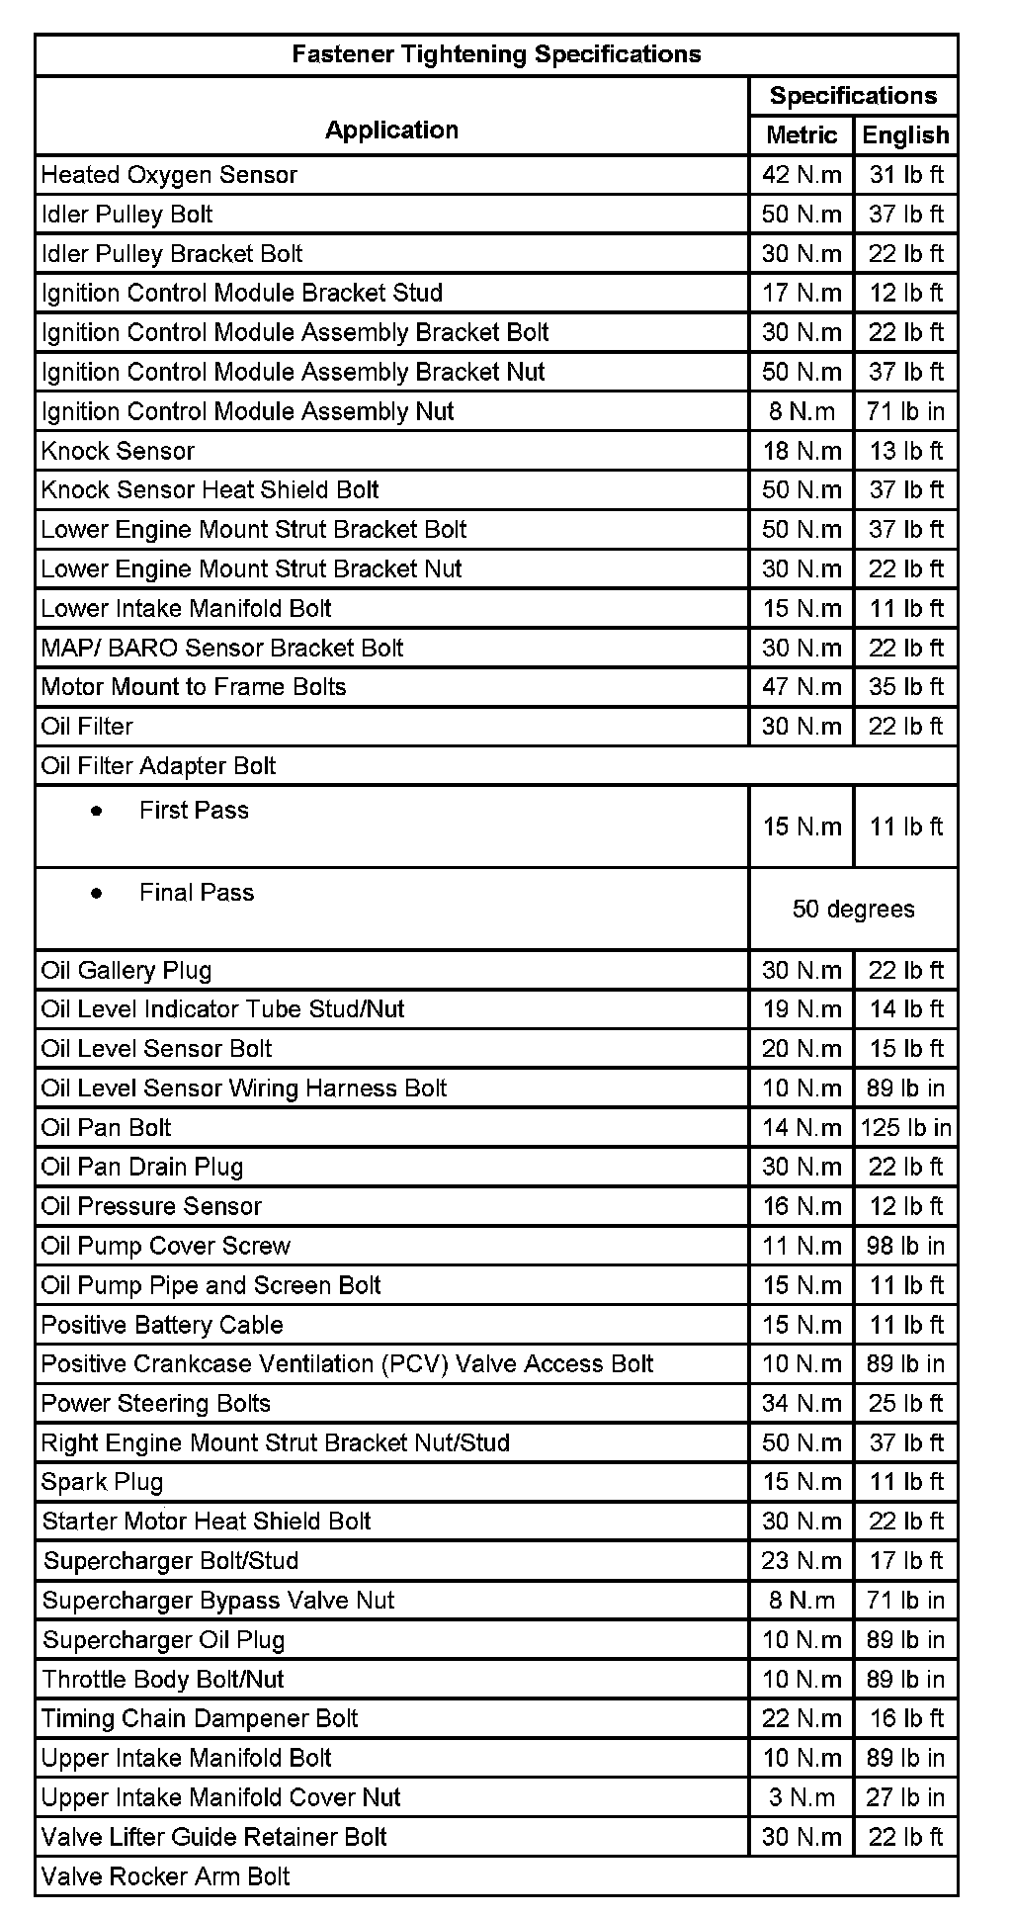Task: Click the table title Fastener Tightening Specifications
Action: point(496,54)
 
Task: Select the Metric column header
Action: point(801,135)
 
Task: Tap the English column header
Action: point(905,135)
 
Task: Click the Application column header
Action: point(391,131)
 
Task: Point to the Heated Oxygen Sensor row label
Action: point(169,175)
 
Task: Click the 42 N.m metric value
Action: point(801,175)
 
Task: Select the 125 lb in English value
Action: point(905,1128)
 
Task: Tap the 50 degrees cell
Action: point(853,910)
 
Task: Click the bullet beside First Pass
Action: point(96,811)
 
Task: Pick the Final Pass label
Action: point(197,893)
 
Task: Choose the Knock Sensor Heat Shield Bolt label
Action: point(211,490)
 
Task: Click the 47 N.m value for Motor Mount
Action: point(801,687)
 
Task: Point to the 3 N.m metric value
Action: point(801,1797)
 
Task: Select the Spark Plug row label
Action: point(102,1482)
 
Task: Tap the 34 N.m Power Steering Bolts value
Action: point(801,1403)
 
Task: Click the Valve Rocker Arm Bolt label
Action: point(166,1876)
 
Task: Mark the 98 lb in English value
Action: point(905,1246)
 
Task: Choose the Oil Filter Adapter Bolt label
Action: point(158,766)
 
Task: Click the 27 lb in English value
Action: point(905,1797)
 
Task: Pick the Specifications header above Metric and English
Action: point(853,96)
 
